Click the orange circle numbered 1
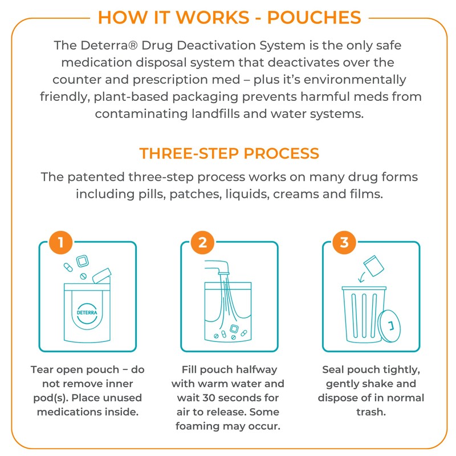[x=60, y=243]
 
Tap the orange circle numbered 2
[x=203, y=243]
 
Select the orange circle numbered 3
[x=344, y=243]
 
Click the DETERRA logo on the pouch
[x=85, y=312]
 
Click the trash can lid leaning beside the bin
[x=391, y=327]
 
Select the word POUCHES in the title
[x=315, y=17]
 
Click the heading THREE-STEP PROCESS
[x=229, y=154]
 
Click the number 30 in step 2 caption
[x=226, y=397]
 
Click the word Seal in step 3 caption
[x=334, y=369]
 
